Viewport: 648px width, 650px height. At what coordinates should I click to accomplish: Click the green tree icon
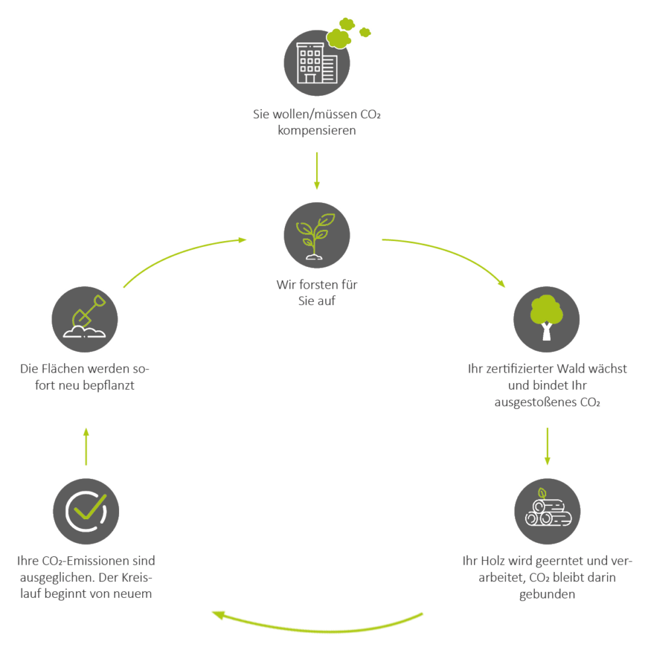tap(547, 320)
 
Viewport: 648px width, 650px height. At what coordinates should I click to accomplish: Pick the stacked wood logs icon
tap(547, 511)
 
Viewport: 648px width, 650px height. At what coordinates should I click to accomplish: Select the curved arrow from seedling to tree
tap(450, 254)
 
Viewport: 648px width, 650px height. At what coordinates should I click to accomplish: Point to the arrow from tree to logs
tap(547, 446)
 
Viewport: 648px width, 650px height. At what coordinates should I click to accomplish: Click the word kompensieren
tap(317, 130)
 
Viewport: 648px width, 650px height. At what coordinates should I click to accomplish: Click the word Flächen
tap(64, 369)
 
